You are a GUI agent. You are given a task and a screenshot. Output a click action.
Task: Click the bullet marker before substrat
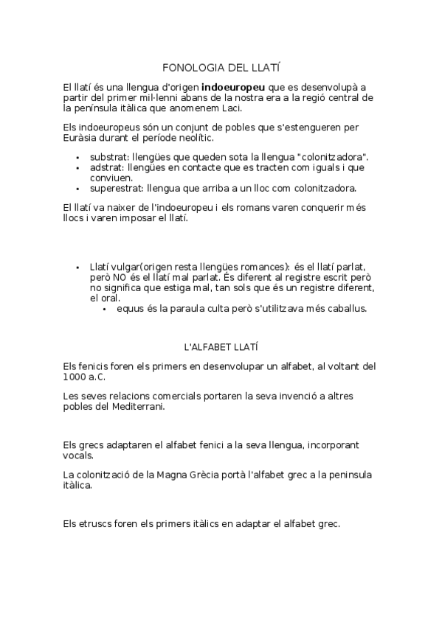click(x=77, y=158)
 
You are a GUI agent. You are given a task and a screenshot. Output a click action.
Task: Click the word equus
click(x=130, y=308)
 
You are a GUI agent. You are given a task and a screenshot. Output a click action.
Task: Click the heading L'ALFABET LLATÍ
click(x=221, y=346)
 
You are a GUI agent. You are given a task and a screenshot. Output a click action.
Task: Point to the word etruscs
click(x=97, y=524)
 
